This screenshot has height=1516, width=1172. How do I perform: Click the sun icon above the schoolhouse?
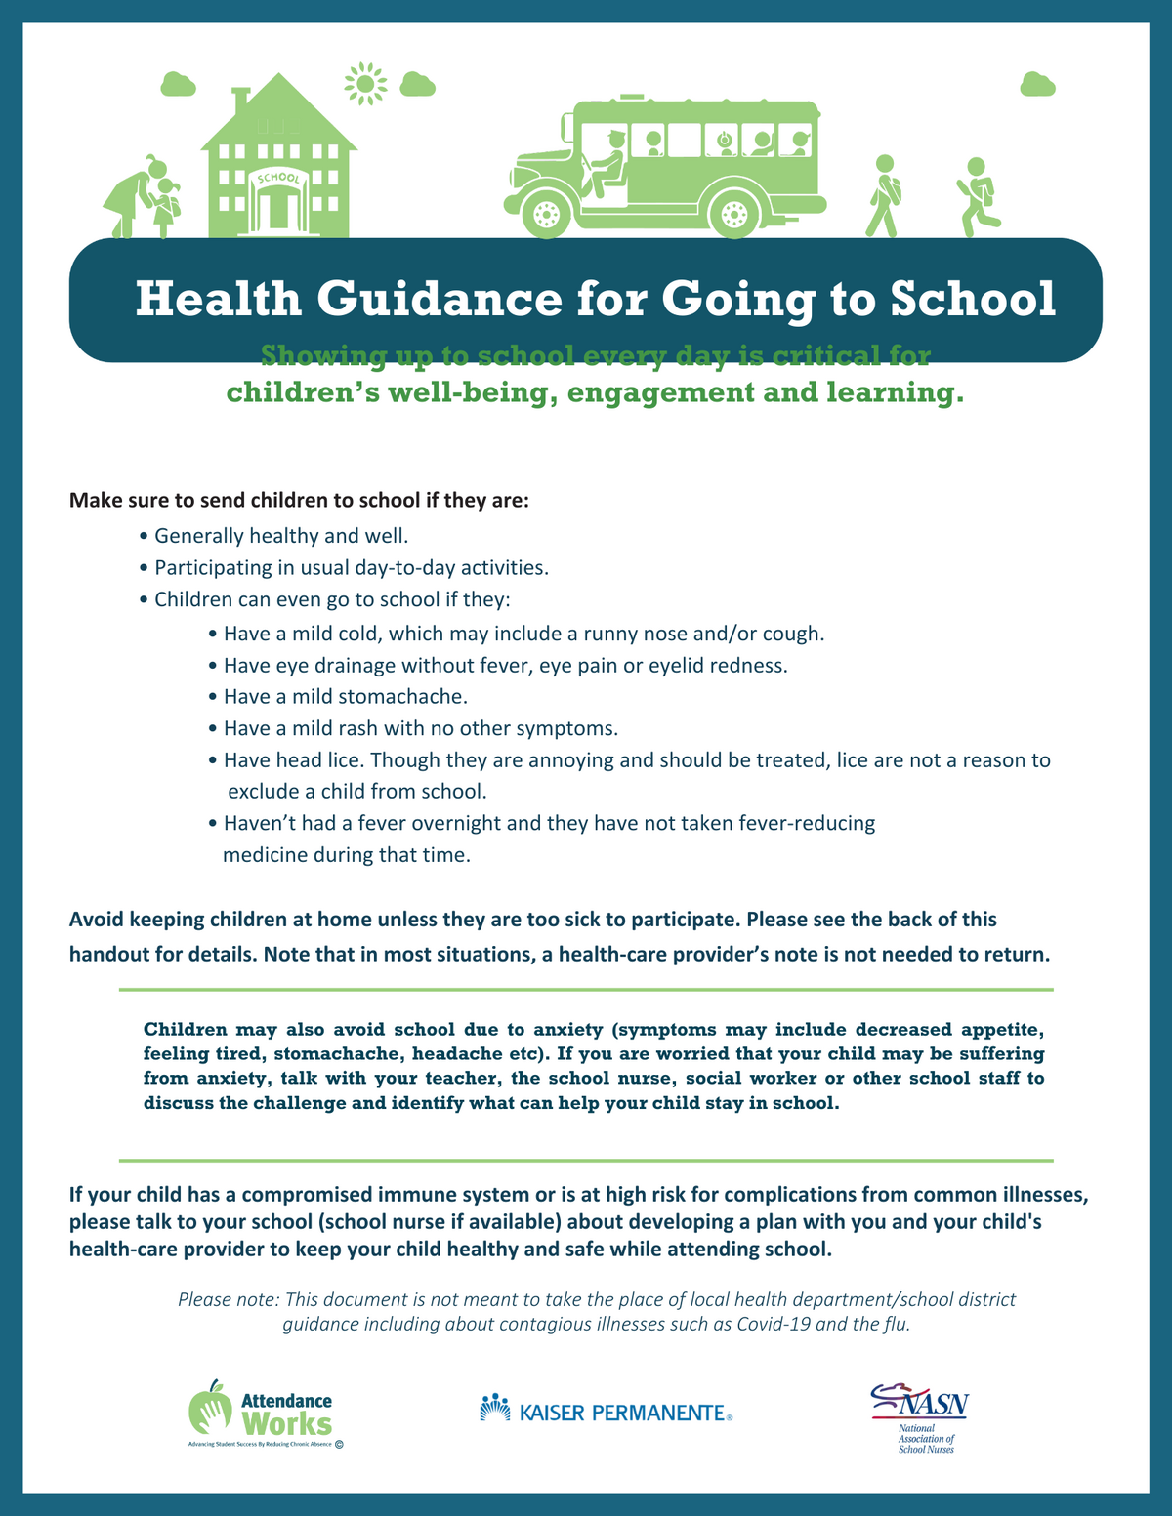tap(365, 84)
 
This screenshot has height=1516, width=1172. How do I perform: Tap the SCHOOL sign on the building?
tap(278, 178)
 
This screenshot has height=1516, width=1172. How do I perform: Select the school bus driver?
tap(609, 162)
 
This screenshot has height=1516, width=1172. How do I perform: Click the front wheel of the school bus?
tap(547, 212)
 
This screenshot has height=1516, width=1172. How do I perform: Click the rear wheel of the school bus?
tap(734, 212)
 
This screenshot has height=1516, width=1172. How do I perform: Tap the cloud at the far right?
tap(1037, 85)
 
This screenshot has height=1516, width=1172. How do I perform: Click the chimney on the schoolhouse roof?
tap(242, 99)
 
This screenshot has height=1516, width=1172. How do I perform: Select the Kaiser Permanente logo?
tap(606, 1411)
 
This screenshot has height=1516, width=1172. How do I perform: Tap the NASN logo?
tap(919, 1416)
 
